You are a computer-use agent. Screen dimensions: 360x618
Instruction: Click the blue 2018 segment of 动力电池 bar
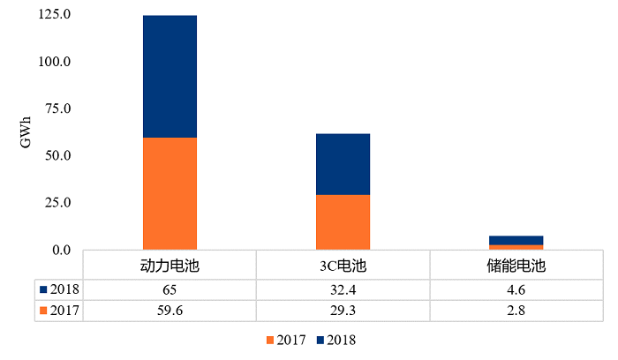pos(170,76)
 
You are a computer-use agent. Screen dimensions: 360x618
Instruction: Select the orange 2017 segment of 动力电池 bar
pos(170,193)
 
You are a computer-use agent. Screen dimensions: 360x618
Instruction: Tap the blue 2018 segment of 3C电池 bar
pos(343,164)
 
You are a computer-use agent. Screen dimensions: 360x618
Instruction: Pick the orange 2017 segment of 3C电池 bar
pos(343,222)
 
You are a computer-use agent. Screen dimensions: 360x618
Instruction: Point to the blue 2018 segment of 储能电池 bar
pos(516,240)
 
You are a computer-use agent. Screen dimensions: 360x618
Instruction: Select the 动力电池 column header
pos(170,266)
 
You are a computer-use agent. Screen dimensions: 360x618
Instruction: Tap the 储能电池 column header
pos(516,266)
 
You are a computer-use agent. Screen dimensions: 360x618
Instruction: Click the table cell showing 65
pos(170,289)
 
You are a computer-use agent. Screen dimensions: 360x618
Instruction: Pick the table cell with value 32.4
pos(343,289)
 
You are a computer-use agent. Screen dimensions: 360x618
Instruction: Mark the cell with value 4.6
pos(516,289)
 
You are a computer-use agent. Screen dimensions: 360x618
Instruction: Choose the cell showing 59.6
pos(170,310)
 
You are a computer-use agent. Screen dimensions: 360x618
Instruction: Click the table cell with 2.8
pos(516,310)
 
